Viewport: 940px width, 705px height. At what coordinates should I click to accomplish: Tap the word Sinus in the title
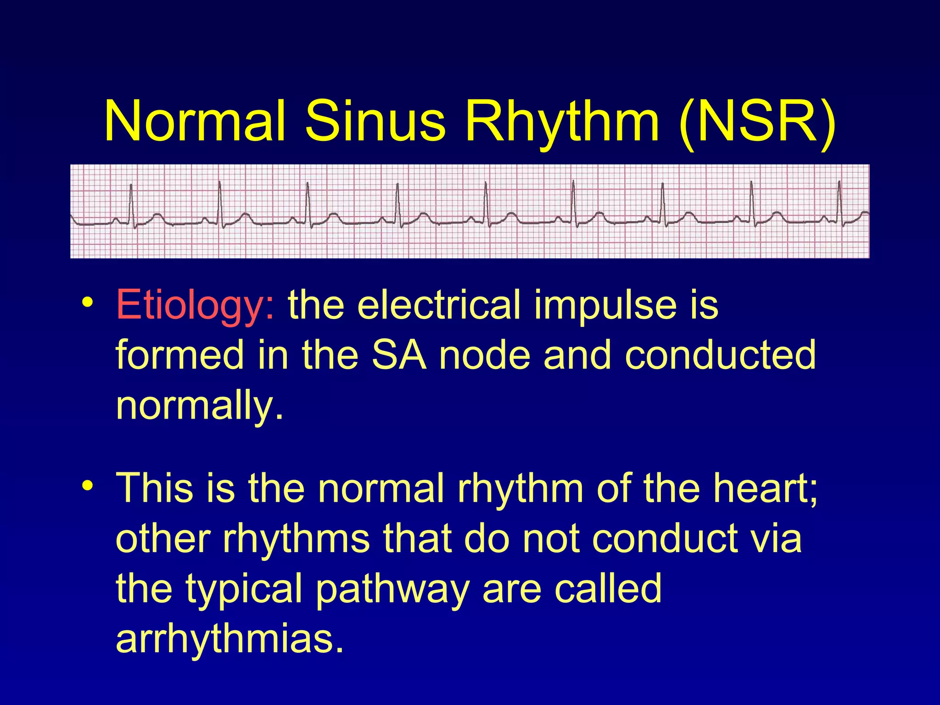[x=375, y=121]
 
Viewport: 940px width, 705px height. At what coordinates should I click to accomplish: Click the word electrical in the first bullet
[x=440, y=305]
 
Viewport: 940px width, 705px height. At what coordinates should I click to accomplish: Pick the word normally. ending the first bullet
[x=200, y=407]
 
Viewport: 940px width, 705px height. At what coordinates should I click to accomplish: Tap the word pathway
[x=392, y=590]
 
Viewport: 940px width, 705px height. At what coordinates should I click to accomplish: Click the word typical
[x=244, y=590]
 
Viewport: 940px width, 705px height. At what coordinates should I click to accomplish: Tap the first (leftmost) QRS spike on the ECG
[x=131, y=202]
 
